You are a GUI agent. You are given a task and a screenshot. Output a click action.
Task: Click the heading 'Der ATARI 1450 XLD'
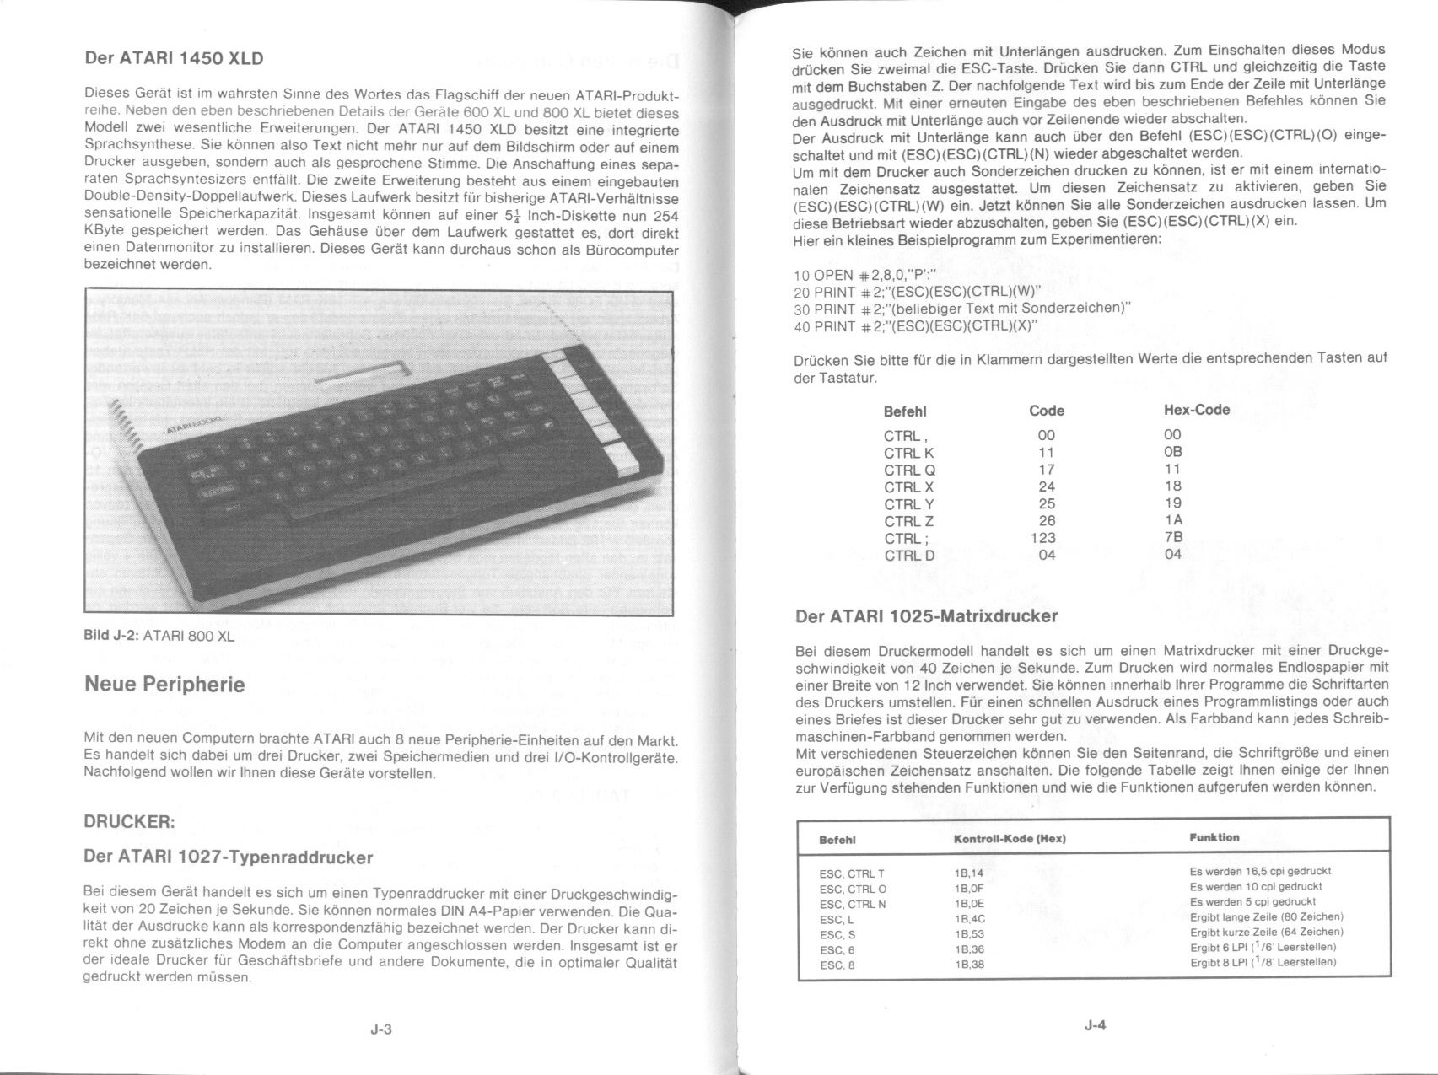(174, 58)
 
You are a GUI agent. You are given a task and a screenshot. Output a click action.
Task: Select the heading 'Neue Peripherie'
(164, 684)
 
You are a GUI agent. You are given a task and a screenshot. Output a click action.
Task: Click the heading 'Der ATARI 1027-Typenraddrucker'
(228, 857)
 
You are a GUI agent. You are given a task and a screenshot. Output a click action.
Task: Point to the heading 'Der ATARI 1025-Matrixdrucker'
(926, 615)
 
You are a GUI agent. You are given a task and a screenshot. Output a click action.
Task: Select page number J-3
(381, 1029)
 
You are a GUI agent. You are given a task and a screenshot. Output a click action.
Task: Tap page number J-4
(1095, 1025)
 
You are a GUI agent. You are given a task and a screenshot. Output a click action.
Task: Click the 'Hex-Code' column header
(1196, 410)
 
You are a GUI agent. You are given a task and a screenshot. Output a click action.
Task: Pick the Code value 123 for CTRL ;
(1043, 537)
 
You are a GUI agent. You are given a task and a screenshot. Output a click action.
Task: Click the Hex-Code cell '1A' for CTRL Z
(1172, 520)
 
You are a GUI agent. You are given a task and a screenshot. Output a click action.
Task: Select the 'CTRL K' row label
(908, 453)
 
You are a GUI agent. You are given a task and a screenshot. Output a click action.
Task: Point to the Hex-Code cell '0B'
(1172, 452)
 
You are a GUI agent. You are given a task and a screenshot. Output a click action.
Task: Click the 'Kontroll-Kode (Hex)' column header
(1010, 839)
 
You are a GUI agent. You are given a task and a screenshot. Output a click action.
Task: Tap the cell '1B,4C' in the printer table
(970, 918)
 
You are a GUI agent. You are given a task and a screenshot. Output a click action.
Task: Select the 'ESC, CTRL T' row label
(852, 873)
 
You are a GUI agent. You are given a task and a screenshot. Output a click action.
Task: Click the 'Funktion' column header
(1214, 837)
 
